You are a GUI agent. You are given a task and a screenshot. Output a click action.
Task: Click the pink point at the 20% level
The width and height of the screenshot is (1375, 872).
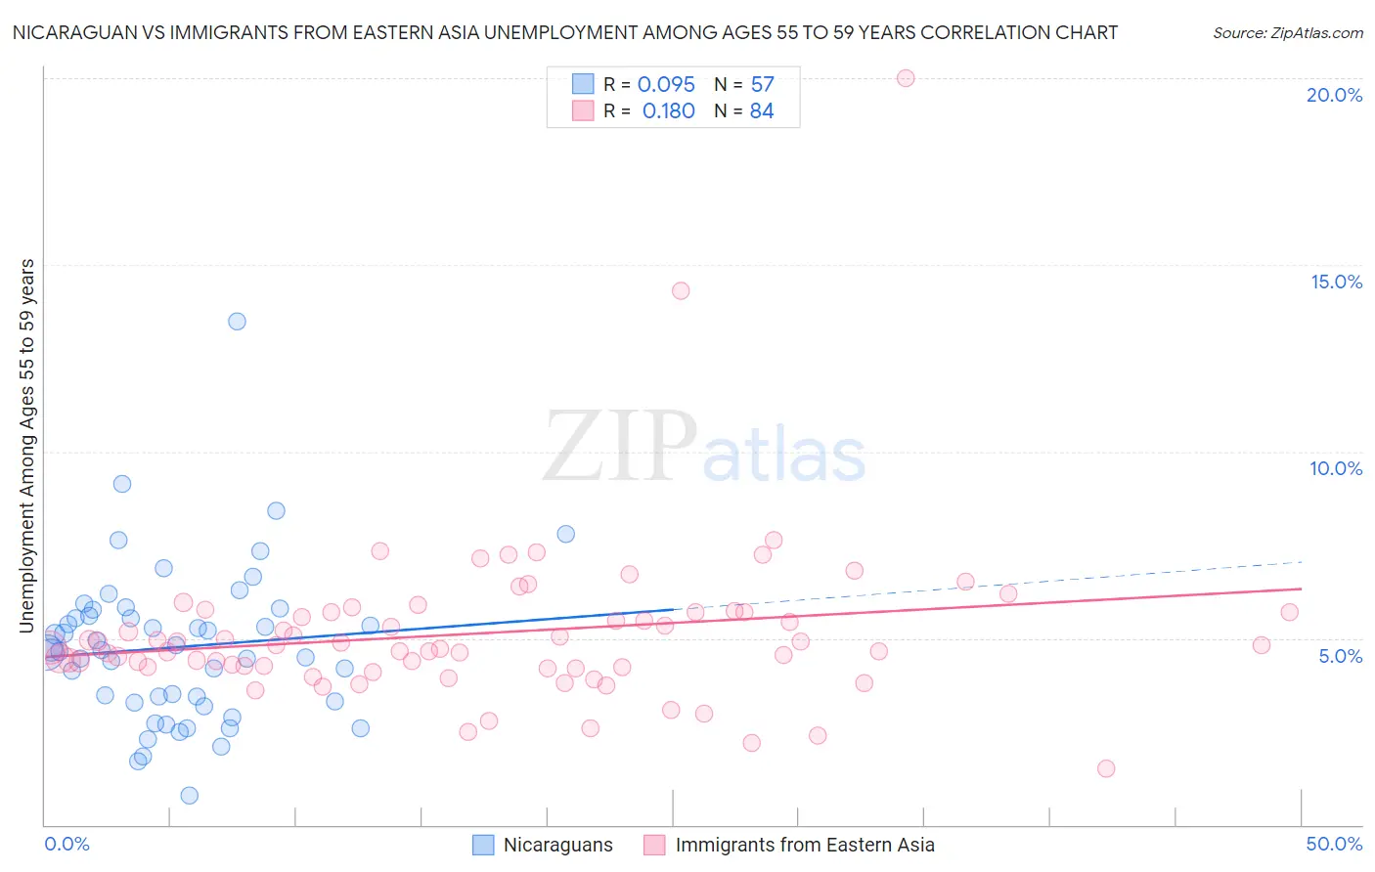[906, 78]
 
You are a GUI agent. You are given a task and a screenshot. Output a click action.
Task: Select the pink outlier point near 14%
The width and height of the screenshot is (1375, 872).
[681, 290]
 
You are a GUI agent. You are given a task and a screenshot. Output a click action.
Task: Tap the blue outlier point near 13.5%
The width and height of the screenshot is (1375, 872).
[237, 322]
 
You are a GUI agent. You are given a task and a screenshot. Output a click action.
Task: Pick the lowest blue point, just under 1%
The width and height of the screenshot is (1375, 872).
[190, 796]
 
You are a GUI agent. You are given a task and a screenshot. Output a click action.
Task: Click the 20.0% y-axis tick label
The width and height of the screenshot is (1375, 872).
[1334, 95]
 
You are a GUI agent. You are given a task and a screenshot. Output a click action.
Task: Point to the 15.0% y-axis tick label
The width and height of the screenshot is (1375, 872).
[1336, 282]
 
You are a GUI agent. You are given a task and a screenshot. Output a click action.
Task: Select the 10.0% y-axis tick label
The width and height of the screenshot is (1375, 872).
[1336, 468]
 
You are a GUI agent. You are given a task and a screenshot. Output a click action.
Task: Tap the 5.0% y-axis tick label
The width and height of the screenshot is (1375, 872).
[1340, 656]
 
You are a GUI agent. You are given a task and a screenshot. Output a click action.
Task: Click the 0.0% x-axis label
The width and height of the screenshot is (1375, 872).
[67, 844]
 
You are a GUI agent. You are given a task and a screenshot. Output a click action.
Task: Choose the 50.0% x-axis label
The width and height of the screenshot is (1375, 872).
[1334, 844]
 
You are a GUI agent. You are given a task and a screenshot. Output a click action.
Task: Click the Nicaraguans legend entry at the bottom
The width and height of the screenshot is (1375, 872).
[557, 845]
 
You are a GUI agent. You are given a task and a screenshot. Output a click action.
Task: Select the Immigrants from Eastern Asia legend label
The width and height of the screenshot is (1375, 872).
[804, 845]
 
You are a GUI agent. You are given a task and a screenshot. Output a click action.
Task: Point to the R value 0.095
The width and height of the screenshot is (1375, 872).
[666, 85]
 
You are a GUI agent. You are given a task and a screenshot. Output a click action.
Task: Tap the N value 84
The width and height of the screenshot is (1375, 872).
[762, 111]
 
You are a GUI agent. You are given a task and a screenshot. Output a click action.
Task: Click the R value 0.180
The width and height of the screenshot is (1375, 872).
[668, 111]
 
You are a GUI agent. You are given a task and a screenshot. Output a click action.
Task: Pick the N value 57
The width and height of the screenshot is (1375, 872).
[762, 85]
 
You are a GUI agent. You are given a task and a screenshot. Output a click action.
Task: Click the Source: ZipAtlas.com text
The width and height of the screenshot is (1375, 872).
[1287, 33]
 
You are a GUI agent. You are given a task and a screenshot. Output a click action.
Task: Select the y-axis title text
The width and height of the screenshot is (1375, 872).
[27, 445]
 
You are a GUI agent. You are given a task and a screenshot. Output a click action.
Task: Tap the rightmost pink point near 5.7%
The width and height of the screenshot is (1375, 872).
[1289, 612]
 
